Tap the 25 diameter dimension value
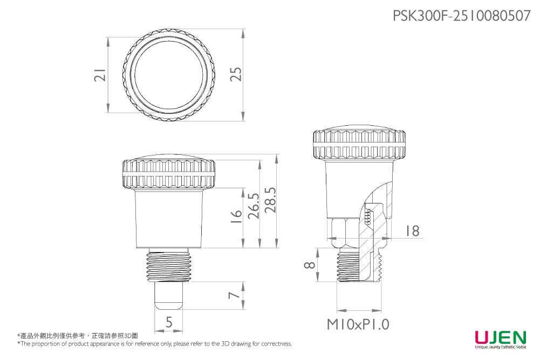pyautogui.click(x=235, y=74)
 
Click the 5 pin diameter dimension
pyautogui.click(x=169, y=323)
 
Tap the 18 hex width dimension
pyautogui.click(x=412, y=231)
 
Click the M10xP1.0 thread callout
pyautogui.click(x=358, y=324)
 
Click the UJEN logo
pyautogui.click(x=500, y=339)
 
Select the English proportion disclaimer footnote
pyautogui.click(x=154, y=344)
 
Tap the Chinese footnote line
pyautogui.click(x=78, y=336)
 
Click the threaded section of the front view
pyautogui.click(x=169, y=266)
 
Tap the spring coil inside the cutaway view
pyautogui.click(x=368, y=218)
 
